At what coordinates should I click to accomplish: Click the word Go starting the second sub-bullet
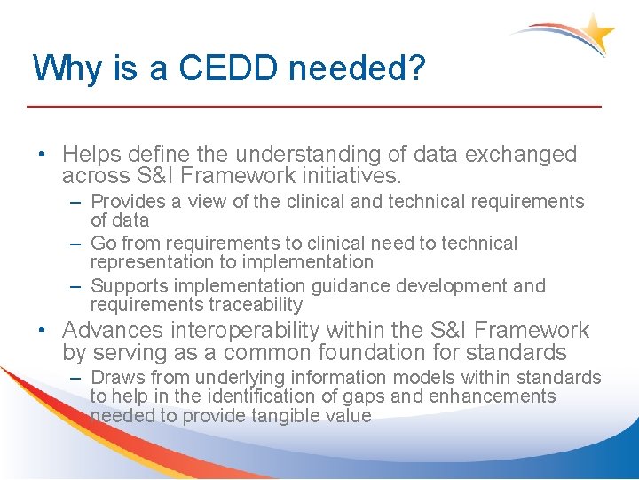(104, 244)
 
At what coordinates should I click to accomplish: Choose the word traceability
(253, 305)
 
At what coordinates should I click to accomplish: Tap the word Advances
(113, 331)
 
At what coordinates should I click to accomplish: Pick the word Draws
(116, 378)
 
